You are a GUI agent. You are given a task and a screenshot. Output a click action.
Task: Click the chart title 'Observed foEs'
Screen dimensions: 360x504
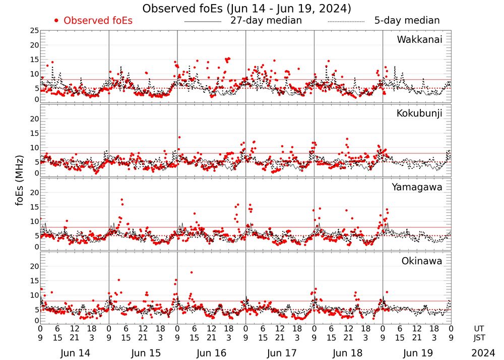(x=246, y=9)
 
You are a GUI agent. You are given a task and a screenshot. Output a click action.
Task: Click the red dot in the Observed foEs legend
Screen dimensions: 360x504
(x=56, y=21)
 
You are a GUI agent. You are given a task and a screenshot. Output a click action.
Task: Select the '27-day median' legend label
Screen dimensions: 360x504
(x=266, y=21)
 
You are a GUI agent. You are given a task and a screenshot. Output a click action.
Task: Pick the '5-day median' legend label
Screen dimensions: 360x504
(x=407, y=21)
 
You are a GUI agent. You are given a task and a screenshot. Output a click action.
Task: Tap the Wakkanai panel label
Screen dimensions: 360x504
(x=419, y=39)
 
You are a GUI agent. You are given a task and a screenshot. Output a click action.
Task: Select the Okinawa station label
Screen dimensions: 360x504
(x=422, y=261)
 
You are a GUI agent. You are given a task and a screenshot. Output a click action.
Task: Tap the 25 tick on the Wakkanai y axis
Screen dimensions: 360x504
(x=34, y=31)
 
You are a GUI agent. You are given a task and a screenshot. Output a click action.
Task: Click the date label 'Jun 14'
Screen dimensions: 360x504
(x=75, y=353)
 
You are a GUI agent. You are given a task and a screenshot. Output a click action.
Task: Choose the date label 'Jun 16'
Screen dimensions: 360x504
(x=212, y=353)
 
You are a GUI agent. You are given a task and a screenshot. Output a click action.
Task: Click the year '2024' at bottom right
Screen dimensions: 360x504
(x=483, y=353)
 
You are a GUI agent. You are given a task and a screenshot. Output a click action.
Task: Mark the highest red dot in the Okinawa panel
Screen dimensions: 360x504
(x=192, y=272)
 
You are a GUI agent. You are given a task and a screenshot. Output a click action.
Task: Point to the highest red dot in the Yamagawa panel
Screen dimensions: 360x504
(x=121, y=200)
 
